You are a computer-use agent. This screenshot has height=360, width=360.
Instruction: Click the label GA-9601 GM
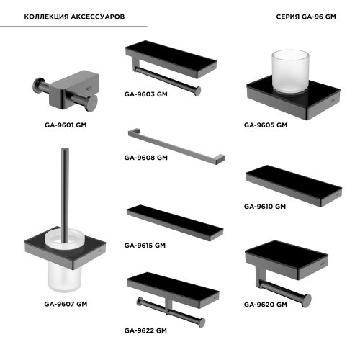[66, 125]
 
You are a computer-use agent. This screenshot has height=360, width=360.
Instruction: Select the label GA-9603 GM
[146, 94]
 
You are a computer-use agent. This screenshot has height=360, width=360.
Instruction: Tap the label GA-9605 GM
[266, 125]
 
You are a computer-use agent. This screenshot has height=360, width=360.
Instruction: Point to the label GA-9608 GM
[146, 158]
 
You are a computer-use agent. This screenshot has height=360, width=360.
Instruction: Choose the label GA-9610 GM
[265, 207]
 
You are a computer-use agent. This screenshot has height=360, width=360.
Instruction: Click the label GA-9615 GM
[145, 246]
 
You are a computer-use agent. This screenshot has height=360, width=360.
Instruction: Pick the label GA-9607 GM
[66, 304]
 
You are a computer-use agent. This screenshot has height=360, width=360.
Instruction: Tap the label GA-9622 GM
[145, 330]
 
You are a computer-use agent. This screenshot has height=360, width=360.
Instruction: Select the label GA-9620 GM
[266, 305]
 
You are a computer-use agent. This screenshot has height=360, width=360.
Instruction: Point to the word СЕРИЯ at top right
[288, 17]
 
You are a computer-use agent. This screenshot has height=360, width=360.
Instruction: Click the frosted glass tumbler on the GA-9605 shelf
[290, 71]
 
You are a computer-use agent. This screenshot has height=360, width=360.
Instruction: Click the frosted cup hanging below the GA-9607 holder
[65, 276]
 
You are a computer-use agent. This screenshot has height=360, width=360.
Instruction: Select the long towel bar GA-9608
[176, 146]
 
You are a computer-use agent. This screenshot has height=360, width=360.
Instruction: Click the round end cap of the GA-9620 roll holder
[307, 300]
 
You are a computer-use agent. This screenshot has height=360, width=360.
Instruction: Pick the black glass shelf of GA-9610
[294, 186]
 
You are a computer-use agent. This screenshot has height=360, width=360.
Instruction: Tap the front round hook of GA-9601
[91, 103]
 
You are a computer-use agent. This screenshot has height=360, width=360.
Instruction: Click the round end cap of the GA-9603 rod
[197, 91]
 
